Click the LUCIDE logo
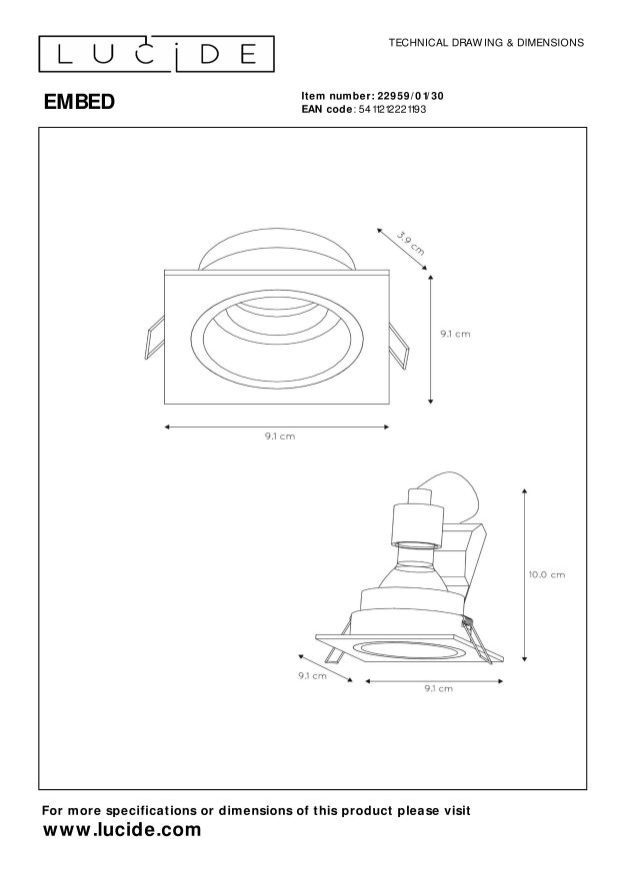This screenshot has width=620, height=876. (156, 54)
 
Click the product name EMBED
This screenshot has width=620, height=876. (79, 102)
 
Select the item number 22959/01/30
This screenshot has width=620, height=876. (410, 96)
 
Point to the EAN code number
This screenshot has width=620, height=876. (392, 110)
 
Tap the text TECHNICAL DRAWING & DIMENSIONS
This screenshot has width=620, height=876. (486, 43)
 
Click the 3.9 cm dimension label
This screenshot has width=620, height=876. (411, 244)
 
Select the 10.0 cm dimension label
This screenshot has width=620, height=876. (547, 574)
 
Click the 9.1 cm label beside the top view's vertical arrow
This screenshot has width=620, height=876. (455, 334)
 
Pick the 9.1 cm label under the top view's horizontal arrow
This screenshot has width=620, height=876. (280, 437)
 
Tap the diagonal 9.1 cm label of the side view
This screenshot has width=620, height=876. (312, 675)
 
